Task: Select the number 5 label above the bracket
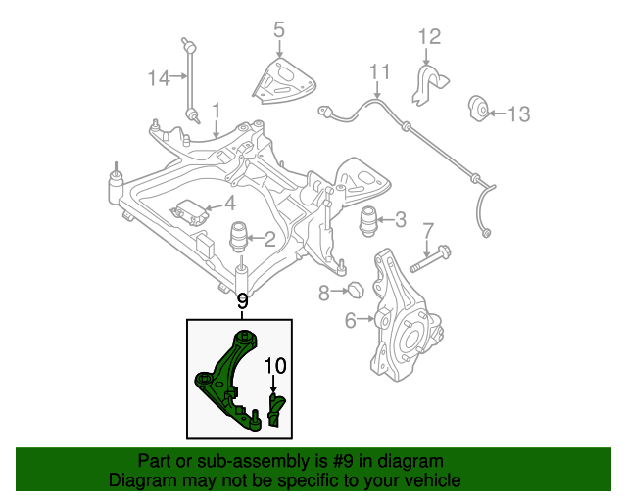(x=279, y=30)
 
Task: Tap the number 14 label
(x=159, y=77)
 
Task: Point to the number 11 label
(x=379, y=72)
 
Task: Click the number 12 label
(x=430, y=37)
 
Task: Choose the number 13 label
(x=518, y=114)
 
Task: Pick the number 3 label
(x=400, y=219)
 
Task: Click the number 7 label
(x=427, y=231)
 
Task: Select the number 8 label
(x=324, y=292)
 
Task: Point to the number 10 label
(x=274, y=366)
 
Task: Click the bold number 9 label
(x=241, y=302)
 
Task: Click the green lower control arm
(x=227, y=377)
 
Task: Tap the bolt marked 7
(x=429, y=259)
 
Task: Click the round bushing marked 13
(x=480, y=107)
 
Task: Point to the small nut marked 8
(x=357, y=290)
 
